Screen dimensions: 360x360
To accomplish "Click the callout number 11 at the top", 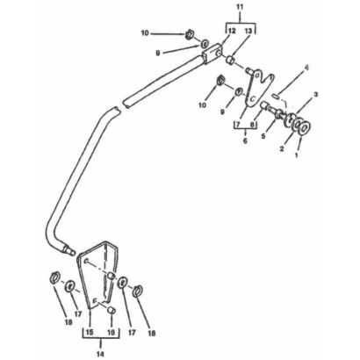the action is coord(240,7).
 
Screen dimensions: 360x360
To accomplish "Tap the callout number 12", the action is coord(232,31).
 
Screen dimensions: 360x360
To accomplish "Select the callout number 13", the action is coord(248,31).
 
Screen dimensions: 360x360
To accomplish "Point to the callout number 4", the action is coord(306,68).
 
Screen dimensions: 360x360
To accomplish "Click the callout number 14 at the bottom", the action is coord(100,354).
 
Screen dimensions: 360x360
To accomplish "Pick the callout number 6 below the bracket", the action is coord(245,140).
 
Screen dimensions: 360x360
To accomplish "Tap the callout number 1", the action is coord(297,155).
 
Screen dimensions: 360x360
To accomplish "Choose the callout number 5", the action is coord(263,136).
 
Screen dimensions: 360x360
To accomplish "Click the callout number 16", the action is coord(112,333).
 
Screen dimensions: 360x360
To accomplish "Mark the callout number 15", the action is coord(90,333).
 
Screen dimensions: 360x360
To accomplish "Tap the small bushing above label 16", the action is coord(112,310).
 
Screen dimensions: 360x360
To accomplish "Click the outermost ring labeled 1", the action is coord(305,128).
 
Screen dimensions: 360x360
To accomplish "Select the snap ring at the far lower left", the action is coord(54,277).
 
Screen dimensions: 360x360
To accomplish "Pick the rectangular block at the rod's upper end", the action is coord(211,54).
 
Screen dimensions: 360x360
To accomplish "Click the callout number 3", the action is coord(316,94).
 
